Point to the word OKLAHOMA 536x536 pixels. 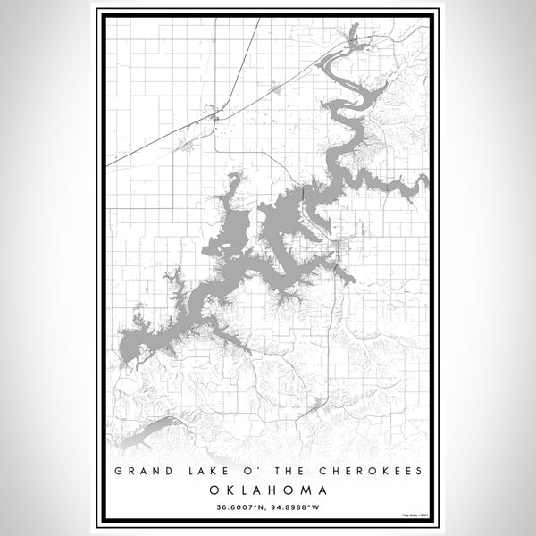tap(268, 490)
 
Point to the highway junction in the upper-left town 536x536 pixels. tap(214, 114)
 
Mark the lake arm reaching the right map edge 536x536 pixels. tap(420, 181)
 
